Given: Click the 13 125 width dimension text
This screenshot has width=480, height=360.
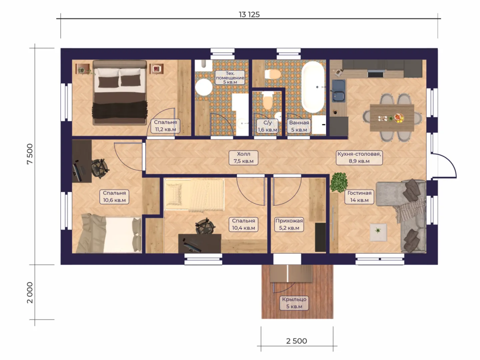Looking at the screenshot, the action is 249,15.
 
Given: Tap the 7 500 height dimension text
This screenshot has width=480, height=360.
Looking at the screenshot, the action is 30,154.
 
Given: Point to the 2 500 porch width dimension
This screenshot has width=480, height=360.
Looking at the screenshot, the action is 297,341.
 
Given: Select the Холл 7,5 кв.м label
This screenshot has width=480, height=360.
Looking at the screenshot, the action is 243,157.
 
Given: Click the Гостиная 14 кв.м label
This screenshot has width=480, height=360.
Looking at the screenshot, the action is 359,197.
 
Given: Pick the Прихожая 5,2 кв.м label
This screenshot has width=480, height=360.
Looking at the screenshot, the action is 289,224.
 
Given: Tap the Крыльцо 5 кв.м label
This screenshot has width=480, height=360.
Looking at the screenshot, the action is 294,303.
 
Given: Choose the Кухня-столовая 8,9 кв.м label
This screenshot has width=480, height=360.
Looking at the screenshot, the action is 359,157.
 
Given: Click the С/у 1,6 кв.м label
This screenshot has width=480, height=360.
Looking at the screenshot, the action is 267,126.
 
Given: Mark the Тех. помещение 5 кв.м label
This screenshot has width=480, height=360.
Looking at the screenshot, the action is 230,77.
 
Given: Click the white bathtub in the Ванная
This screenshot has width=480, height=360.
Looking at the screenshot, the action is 313,87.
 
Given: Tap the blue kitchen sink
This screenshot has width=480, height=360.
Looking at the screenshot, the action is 339,91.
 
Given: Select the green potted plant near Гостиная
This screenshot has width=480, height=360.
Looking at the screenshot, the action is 339,183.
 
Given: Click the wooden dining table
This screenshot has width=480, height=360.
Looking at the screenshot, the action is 392,118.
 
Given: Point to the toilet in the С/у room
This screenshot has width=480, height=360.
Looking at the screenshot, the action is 268,100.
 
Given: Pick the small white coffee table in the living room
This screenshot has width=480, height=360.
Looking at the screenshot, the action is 378,232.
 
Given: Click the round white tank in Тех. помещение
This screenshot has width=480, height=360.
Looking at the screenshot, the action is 204,87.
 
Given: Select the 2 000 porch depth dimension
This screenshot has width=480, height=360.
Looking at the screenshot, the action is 30,292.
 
